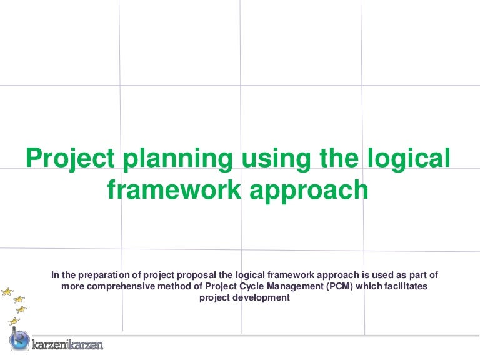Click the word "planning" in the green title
[x=178, y=159]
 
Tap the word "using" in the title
[x=276, y=159]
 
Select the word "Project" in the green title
[x=71, y=159]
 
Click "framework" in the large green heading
[x=174, y=189]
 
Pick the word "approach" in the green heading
[x=309, y=191]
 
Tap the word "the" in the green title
[x=339, y=157]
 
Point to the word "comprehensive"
[x=121, y=286]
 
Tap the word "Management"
[x=295, y=286]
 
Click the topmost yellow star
[x=7, y=292]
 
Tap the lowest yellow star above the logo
[x=14, y=321]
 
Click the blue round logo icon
[x=19, y=340]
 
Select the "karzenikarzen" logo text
[x=67, y=344]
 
